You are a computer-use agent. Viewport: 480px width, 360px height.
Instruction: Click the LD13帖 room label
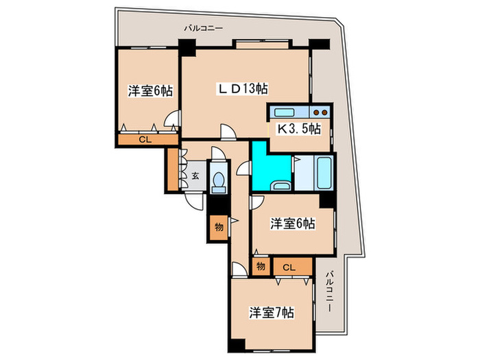point(243,88)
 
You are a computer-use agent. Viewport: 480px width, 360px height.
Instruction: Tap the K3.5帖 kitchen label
point(299,129)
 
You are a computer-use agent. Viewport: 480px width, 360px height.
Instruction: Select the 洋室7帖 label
point(272,313)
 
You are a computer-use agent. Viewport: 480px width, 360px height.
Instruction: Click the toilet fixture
point(218,180)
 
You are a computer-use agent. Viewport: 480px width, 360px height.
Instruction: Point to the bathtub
point(324,173)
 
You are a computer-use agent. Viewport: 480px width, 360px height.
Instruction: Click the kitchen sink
point(285,112)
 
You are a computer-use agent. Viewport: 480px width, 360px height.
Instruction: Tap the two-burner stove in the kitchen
point(320,112)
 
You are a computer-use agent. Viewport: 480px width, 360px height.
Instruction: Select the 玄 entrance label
point(195,176)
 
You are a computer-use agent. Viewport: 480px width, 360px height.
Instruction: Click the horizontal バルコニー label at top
point(203,29)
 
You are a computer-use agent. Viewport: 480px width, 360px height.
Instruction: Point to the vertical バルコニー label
point(329,291)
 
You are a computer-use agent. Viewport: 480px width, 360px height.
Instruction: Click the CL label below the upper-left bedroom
point(145,140)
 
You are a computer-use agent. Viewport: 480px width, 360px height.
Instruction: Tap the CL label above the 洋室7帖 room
point(289,268)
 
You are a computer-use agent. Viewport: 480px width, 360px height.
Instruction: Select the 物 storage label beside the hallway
point(219,227)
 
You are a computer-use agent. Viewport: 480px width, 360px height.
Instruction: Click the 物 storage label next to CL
point(261,266)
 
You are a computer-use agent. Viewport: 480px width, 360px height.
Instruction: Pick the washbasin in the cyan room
point(281,186)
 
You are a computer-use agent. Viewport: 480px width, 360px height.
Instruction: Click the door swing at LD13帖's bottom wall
point(228,132)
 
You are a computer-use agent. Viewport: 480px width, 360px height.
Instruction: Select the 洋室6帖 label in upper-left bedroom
point(150,91)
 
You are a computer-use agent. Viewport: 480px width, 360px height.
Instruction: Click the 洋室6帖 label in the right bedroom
point(293,224)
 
